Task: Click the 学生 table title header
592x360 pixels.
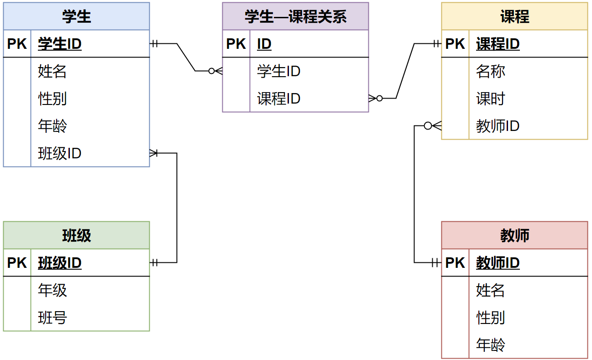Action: [76, 17]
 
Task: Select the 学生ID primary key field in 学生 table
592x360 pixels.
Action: [60, 44]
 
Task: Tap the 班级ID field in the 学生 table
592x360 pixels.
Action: [60, 153]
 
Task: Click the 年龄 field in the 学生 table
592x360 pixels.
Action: [52, 126]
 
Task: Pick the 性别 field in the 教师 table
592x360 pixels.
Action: [491, 318]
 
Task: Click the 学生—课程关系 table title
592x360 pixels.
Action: [295, 17]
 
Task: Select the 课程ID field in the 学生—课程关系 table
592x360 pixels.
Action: [279, 99]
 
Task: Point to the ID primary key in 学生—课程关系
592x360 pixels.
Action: [264, 44]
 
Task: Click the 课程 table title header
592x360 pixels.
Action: [514, 17]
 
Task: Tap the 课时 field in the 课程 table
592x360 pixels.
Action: [491, 99]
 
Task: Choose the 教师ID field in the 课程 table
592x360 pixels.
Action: [498, 126]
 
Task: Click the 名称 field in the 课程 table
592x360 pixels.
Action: [491, 72]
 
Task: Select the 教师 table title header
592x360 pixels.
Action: [514, 236]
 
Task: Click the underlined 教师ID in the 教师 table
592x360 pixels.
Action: [498, 263]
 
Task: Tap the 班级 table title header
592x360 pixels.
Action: [76, 236]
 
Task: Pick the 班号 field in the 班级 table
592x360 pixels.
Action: [52, 318]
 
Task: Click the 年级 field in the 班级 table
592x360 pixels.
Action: [52, 290]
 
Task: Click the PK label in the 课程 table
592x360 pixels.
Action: [455, 44]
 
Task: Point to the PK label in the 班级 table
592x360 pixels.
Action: [17, 263]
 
